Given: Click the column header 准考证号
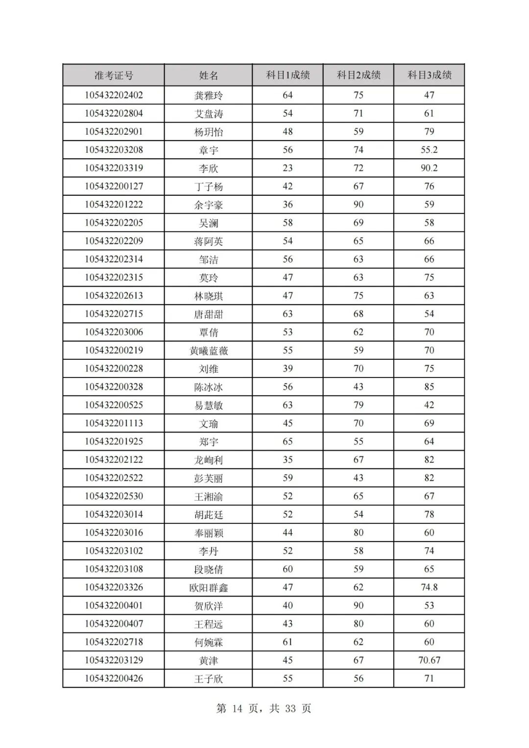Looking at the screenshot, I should point(114,75).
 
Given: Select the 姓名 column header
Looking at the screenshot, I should point(209,75).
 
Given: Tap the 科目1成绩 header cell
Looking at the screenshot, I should point(288,75).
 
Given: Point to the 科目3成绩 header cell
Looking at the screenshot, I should point(430,75).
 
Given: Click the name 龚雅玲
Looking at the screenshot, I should point(209,95).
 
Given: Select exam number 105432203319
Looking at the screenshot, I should point(114,168).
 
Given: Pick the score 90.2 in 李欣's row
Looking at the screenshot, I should point(429,168).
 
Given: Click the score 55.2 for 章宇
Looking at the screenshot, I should point(429,150).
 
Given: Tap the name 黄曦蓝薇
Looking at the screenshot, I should point(209,351).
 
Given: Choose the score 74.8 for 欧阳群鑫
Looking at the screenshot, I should point(429,587).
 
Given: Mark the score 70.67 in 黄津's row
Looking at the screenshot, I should point(429,660).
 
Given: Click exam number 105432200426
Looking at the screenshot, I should point(114,678).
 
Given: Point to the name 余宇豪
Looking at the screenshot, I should point(209,205).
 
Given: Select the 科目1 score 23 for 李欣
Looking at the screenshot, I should point(288,168).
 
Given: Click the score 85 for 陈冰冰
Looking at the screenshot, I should point(429,387).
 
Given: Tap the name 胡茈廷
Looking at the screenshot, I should point(209,514).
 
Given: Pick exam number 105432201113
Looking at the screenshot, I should point(114,423).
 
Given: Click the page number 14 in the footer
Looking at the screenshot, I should point(237,708).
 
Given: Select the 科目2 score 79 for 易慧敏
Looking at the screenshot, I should point(359,405).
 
